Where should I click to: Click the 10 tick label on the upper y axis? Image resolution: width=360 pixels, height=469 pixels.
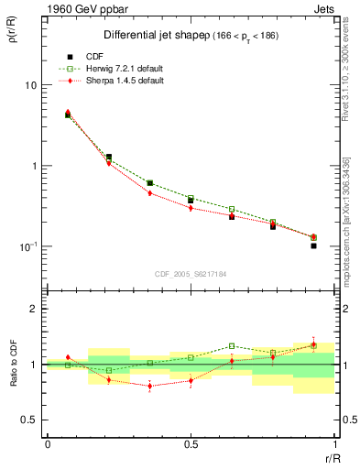[30, 85]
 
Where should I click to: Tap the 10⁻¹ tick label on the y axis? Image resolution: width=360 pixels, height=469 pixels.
[27, 246]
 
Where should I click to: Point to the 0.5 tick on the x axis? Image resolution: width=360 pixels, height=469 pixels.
[190, 443]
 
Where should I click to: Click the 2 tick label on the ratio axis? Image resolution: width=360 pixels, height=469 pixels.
[34, 310]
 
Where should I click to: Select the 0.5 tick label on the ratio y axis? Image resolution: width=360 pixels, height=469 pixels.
[29, 420]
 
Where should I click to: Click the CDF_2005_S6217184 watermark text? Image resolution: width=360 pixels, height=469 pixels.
[190, 274]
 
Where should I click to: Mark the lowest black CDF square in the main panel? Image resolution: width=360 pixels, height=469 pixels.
[313, 245]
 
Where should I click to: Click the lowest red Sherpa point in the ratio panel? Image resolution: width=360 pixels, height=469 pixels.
[149, 386]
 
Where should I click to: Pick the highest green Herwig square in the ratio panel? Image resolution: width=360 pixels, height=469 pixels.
[232, 346]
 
